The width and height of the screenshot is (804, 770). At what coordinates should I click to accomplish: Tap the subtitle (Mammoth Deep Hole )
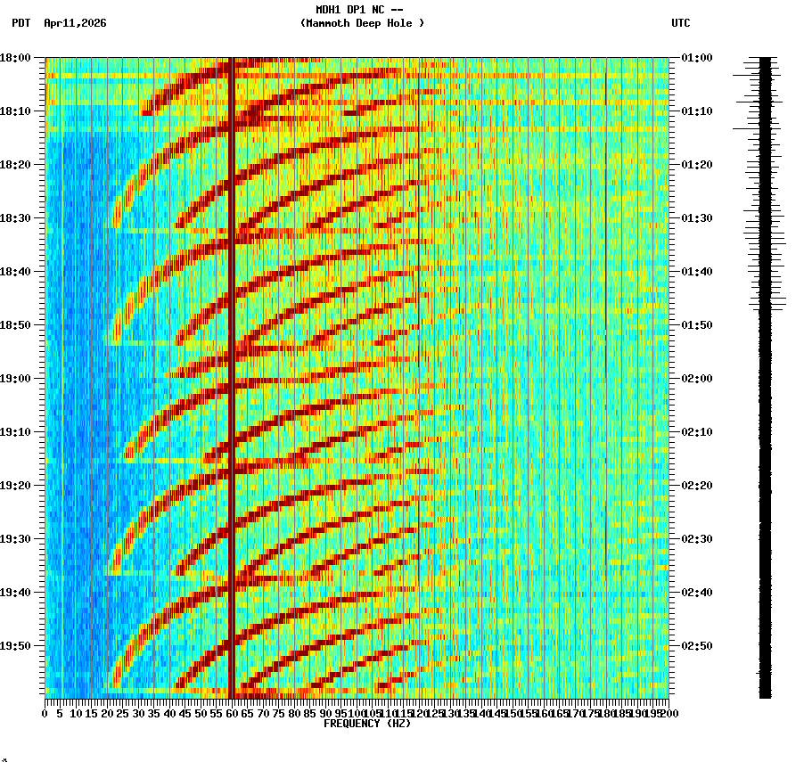pyautogui.click(x=362, y=23)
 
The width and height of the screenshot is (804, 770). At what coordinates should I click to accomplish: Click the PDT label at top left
pyautogui.click(x=21, y=23)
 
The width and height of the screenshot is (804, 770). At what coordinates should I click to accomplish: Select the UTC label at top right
pyautogui.click(x=680, y=23)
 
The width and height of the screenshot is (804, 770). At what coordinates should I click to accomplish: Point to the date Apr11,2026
pyautogui.click(x=75, y=23)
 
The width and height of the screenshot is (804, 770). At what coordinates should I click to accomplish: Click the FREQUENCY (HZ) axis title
pyautogui.click(x=366, y=724)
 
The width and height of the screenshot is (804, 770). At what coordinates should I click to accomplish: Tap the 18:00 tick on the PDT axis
pyautogui.click(x=16, y=58)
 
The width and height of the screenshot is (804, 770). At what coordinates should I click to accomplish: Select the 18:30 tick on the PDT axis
pyautogui.click(x=16, y=218)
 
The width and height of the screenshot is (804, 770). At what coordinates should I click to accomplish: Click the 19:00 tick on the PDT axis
pyautogui.click(x=16, y=379)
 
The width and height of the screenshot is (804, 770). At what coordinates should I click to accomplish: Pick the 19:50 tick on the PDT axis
pyautogui.click(x=16, y=646)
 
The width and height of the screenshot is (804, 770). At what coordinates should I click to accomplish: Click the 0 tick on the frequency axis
pyautogui.click(x=45, y=714)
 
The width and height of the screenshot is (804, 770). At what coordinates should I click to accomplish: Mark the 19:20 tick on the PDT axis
pyautogui.click(x=16, y=486)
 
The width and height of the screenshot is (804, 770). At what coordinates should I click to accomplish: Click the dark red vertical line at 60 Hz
pyautogui.click(x=231, y=374)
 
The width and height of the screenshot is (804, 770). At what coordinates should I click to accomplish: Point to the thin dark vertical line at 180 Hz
pyautogui.click(x=605, y=356)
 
